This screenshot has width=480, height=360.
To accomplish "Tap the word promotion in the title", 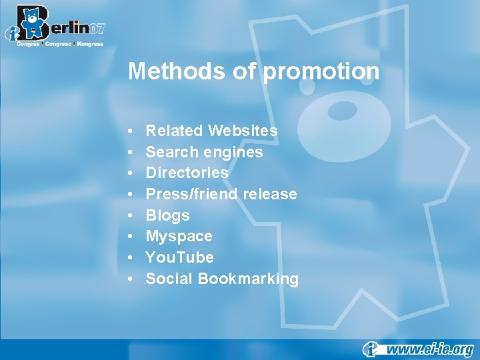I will click(x=322, y=71).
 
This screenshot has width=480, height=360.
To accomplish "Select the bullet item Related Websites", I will click(x=211, y=131).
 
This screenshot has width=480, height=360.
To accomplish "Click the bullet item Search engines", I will click(x=204, y=152).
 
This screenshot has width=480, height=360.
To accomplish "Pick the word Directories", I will click(x=187, y=173).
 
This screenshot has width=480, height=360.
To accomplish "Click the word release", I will click(x=270, y=194).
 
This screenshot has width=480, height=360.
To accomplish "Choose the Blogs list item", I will click(x=167, y=215).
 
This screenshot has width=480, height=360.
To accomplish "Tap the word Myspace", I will click(x=179, y=237).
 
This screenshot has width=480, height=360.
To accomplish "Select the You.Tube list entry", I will click(x=179, y=257).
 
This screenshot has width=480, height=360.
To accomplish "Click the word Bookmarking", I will click(x=248, y=279).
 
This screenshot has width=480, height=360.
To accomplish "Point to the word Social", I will click(x=169, y=279).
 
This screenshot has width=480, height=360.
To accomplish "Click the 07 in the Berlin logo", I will click(x=97, y=29).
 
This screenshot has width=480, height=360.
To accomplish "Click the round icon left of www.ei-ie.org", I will click(x=371, y=349).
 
